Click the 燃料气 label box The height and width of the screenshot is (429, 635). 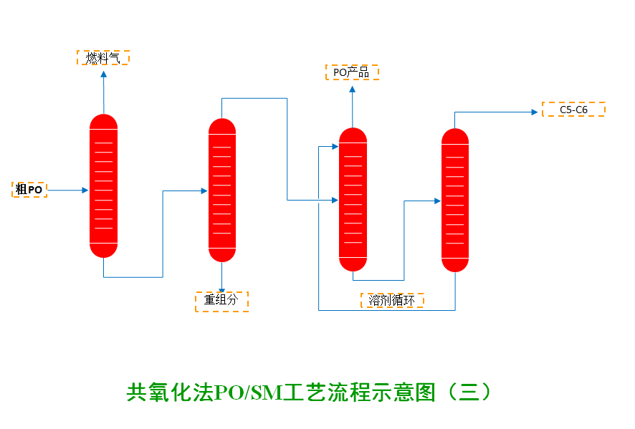[102, 58]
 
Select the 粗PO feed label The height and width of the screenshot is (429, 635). [29, 190]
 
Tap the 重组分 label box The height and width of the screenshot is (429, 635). [221, 301]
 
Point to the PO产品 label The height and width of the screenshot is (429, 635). [352, 72]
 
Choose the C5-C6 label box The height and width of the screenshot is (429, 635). [573, 110]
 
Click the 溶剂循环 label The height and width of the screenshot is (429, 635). [391, 301]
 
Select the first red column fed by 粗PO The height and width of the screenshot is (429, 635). [103, 186]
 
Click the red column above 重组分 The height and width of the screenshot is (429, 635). [222, 190]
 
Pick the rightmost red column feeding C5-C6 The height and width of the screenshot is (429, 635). [455, 200]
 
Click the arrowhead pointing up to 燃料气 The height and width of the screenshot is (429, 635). [103, 73]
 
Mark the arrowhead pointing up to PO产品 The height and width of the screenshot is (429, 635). [352, 89]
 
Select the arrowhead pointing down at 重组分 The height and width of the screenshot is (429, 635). [222, 287]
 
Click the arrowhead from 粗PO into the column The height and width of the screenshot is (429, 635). [85, 191]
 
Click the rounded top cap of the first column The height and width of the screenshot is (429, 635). [103, 121]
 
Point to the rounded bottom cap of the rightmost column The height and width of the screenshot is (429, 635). [455, 264]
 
